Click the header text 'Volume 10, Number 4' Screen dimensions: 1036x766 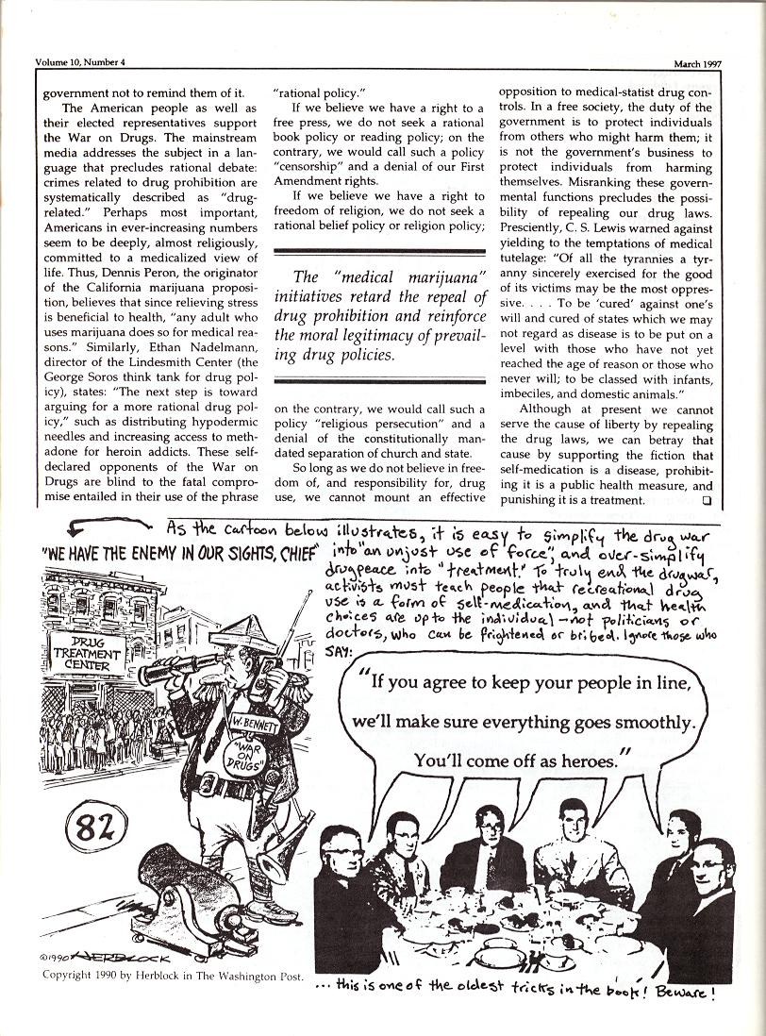80,63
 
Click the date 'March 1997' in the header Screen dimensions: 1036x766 697,64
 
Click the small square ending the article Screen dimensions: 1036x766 707,500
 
